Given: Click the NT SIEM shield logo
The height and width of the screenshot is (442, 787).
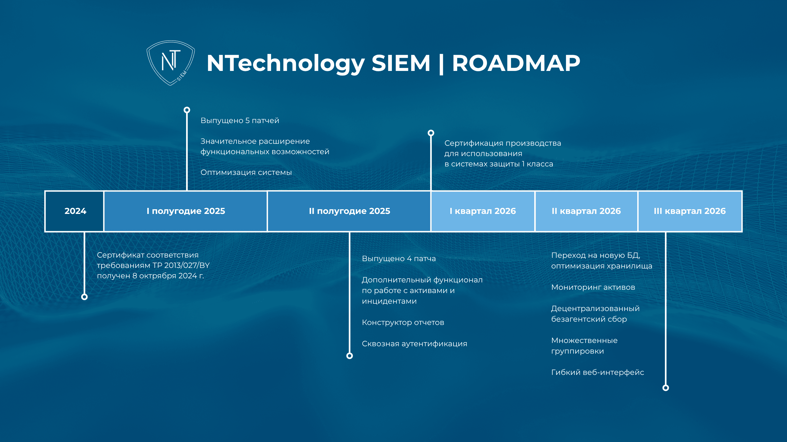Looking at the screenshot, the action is pos(171,63).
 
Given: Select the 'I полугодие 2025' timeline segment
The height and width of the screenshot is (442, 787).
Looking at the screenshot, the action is pos(186,211).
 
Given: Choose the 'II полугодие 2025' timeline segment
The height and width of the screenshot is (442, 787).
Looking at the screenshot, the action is pos(349,211).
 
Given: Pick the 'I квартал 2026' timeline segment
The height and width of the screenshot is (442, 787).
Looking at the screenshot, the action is pos(483,211).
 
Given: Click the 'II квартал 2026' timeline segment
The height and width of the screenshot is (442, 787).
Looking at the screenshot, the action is pos(586,211).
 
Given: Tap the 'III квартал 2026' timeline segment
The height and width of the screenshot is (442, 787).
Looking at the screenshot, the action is pos(690,211).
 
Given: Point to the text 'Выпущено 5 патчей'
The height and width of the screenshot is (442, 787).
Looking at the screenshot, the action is pos(240,121).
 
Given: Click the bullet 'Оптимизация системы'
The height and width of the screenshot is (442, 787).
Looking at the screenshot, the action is pos(246,172).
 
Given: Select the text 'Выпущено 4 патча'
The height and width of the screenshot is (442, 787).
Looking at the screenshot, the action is pos(399,258).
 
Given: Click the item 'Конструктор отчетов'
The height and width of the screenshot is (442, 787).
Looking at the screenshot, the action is pos(403,322).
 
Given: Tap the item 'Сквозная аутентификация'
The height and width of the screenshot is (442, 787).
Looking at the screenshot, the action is pos(415,344).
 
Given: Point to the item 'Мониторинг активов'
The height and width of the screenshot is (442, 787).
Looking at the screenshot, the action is pos(593,287).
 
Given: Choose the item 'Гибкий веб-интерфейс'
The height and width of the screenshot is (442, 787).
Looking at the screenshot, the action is pos(598,372).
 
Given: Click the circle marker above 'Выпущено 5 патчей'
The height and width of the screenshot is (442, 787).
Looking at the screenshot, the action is pos(187,110).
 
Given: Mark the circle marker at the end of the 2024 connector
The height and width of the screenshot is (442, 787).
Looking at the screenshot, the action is pos(85,297).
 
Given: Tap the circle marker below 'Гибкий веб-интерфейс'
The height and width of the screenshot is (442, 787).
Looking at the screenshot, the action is pos(666,388).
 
